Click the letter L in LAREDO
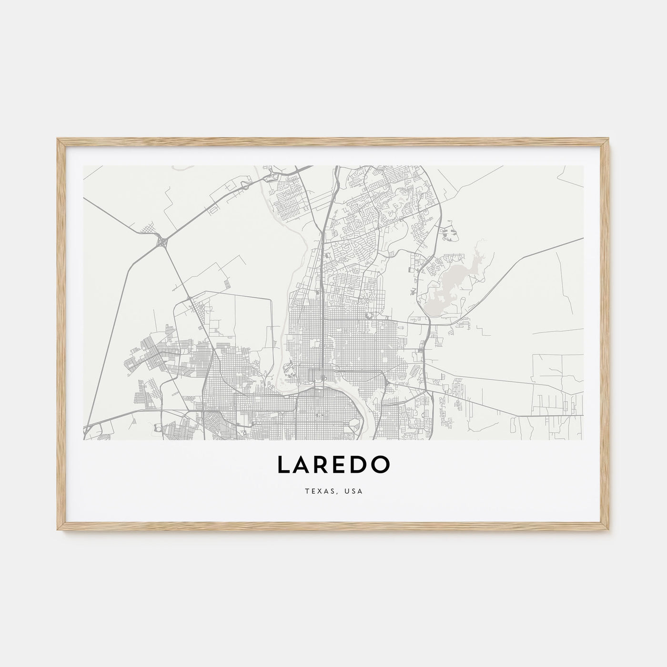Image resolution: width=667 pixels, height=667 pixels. pos(283,465)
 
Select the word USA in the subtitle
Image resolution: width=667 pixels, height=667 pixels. pos(355,490)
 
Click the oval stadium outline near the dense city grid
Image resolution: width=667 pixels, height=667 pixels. pos(368,315)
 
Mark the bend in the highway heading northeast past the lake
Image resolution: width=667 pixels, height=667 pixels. pos(524,257)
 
